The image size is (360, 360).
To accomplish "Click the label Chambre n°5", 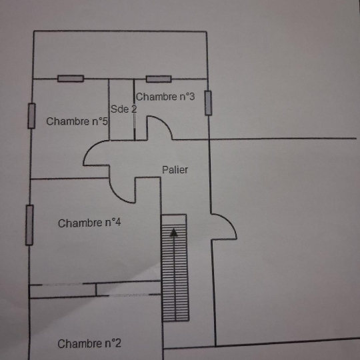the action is pyautogui.click(x=77, y=121).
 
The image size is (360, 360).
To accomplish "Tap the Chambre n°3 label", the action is pyautogui.click(x=165, y=97).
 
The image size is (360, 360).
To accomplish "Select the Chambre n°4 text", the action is pyautogui.click(x=89, y=223).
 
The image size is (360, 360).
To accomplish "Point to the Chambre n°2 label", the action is pyautogui.click(x=89, y=344).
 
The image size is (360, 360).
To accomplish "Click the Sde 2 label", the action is pyautogui.click(x=124, y=109).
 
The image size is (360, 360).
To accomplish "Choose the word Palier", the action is pyautogui.click(x=175, y=170).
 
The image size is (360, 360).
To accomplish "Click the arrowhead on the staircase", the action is pyautogui.click(x=174, y=232).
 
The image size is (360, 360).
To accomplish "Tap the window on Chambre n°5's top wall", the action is pyautogui.click(x=71, y=79).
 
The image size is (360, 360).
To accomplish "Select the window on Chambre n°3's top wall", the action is pyautogui.click(x=159, y=79).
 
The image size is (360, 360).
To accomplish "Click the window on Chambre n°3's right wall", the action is pyautogui.click(x=208, y=103).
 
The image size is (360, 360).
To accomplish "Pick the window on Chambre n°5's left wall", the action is pyautogui.click(x=31, y=116).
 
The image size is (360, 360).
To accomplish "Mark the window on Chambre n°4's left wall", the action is pyautogui.click(x=29, y=225).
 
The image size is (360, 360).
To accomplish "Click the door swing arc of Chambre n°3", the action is pyautogui.click(x=164, y=122).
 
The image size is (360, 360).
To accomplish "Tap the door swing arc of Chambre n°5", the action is pyautogui.click(x=89, y=147).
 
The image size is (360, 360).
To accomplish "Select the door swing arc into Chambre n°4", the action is pyautogui.click(x=117, y=197).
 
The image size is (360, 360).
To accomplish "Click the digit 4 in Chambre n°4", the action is pyautogui.click(x=118, y=223).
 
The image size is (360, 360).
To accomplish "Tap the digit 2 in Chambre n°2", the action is pyautogui.click(x=118, y=343).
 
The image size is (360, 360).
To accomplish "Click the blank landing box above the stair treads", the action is pyautogui.click(x=174, y=219).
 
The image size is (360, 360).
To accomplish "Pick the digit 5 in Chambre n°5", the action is pyautogui.click(x=105, y=121).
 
